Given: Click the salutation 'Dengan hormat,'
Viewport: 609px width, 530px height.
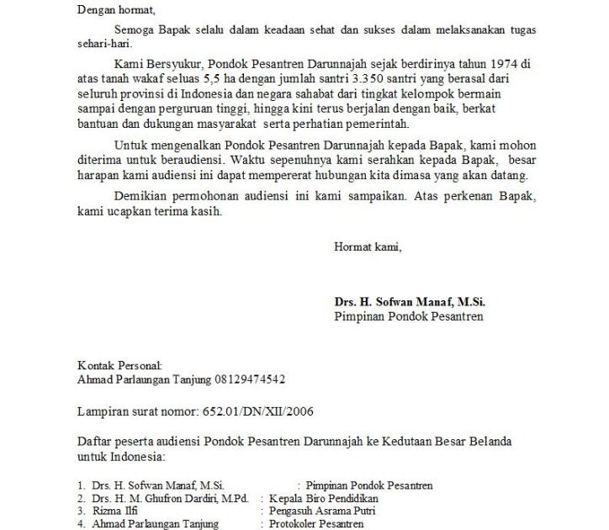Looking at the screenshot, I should pos(116,10).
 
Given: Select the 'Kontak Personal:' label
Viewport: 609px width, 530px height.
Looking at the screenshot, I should pos(119,365).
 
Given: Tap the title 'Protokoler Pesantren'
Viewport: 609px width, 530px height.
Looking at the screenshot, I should pos(316,524).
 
